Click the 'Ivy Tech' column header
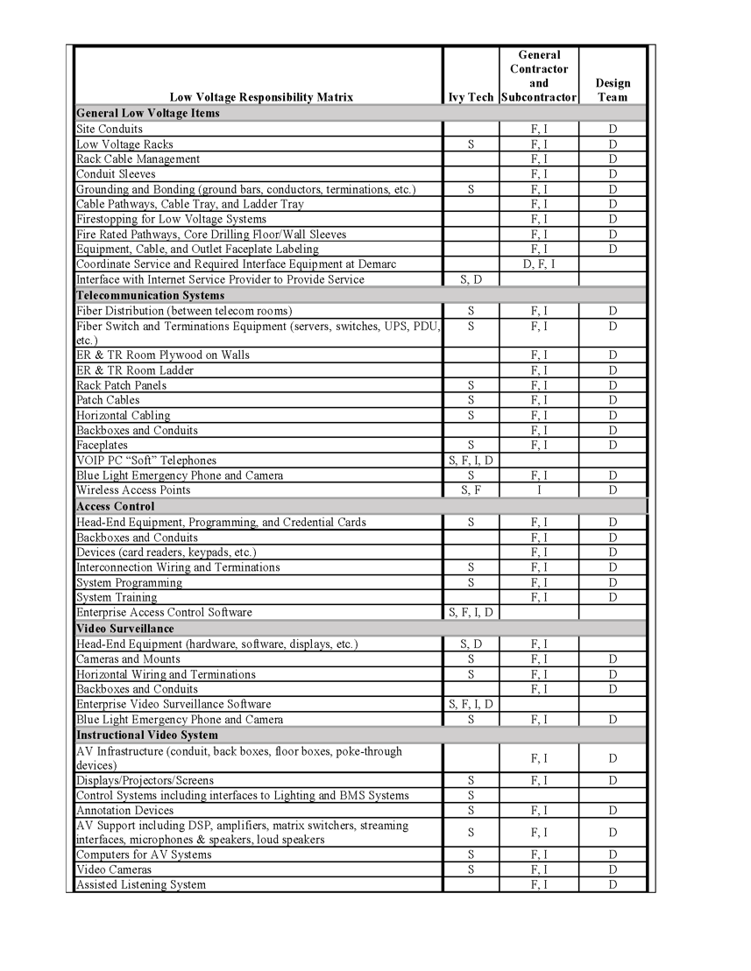471,97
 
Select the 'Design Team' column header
613,90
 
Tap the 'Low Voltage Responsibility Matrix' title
261,97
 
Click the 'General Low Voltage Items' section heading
148,113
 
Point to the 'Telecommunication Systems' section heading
151,295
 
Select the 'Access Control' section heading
116,506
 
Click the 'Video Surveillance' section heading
125,629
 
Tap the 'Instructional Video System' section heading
147,735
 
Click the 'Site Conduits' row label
110,129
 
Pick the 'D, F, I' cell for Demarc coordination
539,264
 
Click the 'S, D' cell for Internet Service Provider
471,279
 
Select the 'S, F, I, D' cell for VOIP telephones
471,461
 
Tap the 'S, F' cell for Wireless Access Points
471,490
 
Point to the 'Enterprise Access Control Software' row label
164,612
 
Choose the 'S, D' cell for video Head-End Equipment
471,644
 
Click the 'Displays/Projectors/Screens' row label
145,780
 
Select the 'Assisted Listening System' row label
141,884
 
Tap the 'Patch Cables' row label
108,400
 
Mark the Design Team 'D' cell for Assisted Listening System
613,884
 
